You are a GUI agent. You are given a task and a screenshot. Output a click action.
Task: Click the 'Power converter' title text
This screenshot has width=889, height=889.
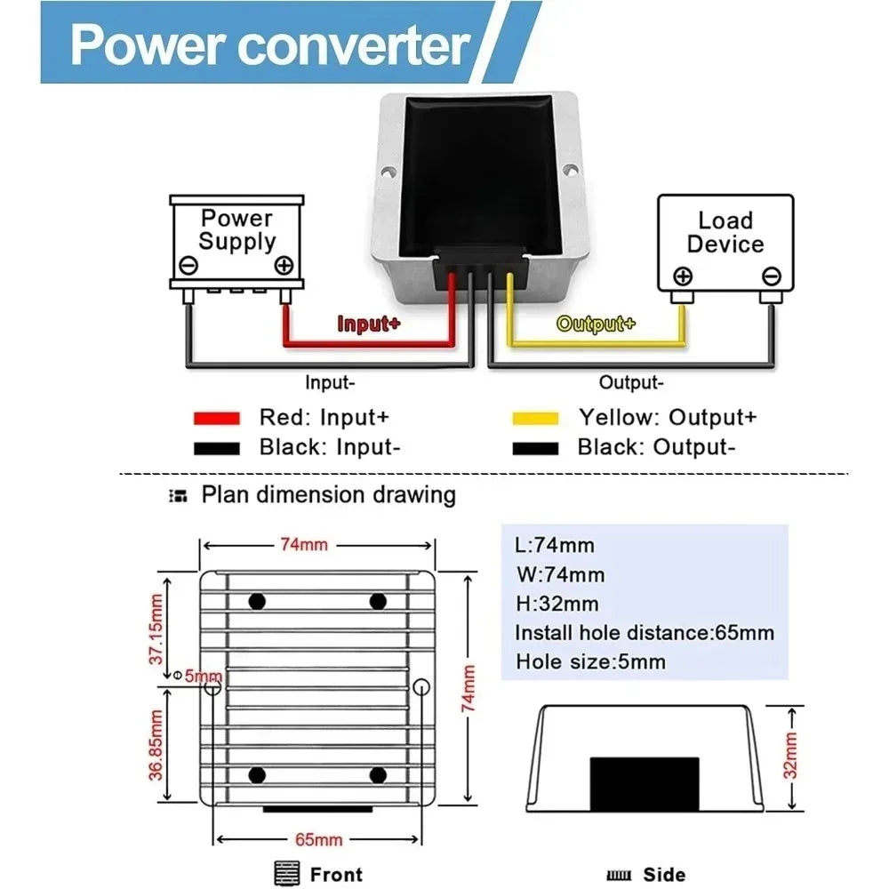270,45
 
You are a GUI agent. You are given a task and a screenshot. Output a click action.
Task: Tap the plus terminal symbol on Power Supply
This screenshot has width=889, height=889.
284,265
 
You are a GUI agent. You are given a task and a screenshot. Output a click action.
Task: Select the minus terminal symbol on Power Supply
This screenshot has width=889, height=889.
188,265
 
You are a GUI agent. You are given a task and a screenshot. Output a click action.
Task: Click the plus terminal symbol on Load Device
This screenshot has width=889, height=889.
683,276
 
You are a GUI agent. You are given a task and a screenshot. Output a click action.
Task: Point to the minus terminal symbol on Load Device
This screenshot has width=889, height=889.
771,276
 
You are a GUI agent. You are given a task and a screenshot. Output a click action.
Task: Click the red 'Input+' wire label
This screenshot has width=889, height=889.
369,324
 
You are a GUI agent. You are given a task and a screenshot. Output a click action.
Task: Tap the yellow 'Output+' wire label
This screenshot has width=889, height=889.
596,324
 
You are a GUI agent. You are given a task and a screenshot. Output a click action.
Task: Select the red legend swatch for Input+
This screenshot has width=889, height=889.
217,419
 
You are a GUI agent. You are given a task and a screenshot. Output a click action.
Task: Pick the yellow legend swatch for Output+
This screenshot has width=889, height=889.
535,419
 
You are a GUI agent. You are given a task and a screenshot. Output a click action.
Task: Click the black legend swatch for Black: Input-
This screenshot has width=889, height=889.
217,448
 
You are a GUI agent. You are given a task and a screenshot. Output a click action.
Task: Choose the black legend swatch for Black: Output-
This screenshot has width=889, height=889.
535,448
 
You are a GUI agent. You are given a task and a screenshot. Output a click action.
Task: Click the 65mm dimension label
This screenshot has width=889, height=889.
318,840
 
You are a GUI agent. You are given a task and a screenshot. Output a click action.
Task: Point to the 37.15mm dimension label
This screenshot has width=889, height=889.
156,629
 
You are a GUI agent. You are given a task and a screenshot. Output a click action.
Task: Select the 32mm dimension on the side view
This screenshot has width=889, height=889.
790,756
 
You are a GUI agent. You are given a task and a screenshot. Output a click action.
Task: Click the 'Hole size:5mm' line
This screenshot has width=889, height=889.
591,661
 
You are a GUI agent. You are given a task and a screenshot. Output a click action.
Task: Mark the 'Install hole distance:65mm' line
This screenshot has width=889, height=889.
645,633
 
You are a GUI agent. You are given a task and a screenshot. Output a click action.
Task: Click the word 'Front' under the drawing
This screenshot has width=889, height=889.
336,875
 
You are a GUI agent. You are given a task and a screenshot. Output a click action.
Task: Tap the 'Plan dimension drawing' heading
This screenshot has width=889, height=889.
329,495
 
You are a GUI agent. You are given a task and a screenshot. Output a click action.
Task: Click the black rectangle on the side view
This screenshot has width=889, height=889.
645,784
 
